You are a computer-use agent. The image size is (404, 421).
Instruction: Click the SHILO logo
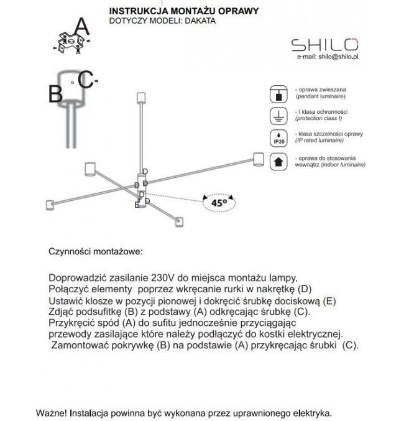coord(325,44)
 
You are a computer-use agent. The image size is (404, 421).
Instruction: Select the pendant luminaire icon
coord(278,94)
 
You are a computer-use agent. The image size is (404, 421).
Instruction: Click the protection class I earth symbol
coord(278,115)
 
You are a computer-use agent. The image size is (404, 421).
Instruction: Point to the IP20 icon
coord(278,137)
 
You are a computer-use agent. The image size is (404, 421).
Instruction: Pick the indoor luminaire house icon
coord(278,162)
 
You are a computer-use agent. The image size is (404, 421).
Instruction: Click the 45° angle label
coord(218,202)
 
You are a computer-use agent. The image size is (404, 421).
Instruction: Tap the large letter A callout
coord(81,26)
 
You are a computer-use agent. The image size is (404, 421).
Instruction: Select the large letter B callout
coord(56,93)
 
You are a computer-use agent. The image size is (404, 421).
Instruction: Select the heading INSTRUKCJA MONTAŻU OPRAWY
coord(175,11)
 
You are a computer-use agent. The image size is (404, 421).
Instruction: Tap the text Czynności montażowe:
coord(95,254)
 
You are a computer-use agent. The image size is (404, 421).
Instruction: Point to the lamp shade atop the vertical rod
coord(140,98)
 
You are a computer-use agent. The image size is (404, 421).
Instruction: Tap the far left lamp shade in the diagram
coord(90,169)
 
